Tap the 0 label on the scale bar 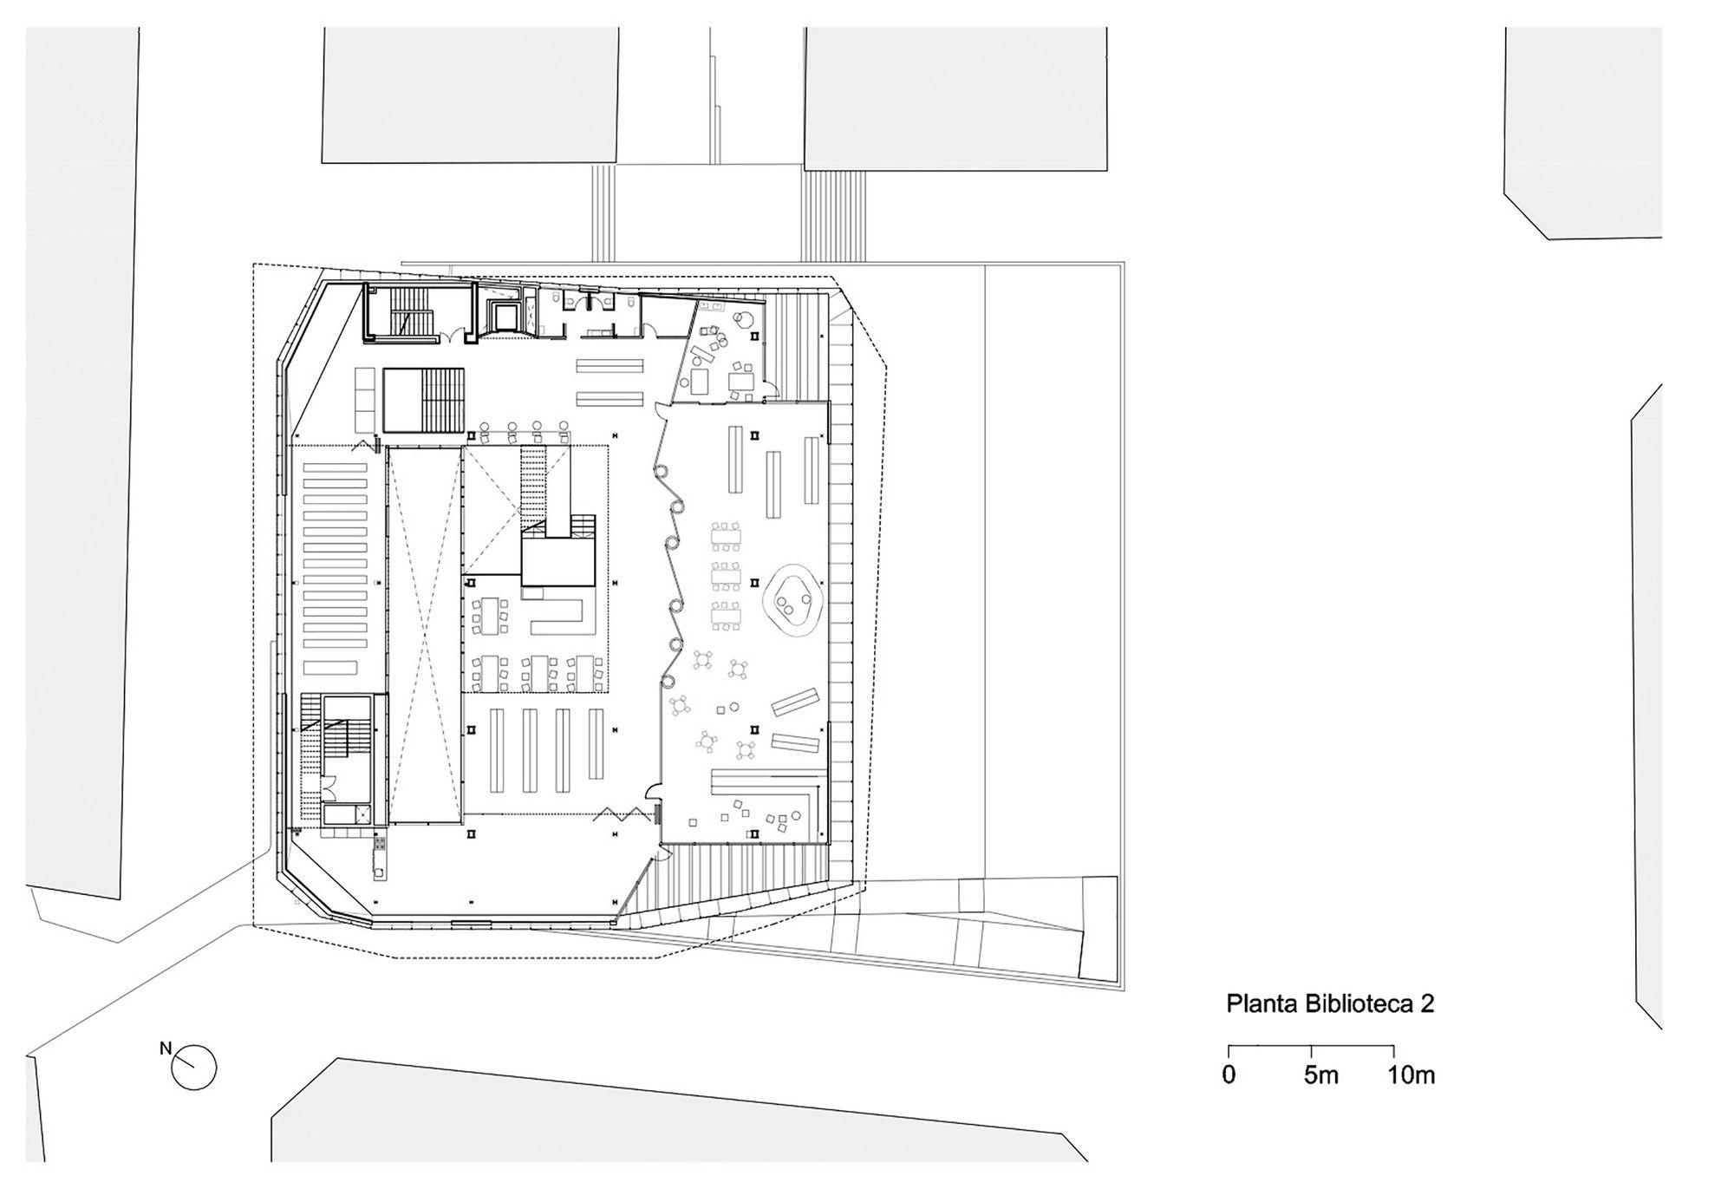tap(1229, 1075)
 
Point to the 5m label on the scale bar tap(1320, 1075)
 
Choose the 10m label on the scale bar tap(1411, 1075)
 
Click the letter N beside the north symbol tap(166, 1049)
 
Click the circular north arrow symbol tap(193, 1068)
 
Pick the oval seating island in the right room tap(790, 600)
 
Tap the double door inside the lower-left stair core tap(330, 788)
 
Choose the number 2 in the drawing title tap(1427, 1004)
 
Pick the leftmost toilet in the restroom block tap(554, 300)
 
